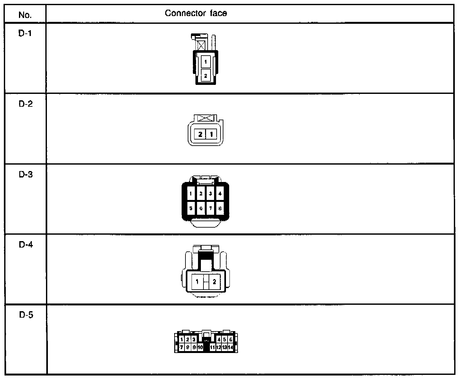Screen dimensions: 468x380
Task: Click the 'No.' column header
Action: pos(25,15)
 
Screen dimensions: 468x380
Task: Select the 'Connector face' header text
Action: pos(196,13)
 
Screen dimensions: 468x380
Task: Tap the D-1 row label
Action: pos(25,33)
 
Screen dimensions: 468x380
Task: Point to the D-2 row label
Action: pos(26,104)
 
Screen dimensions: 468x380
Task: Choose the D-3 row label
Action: pos(26,175)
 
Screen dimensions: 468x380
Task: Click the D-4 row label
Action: pos(26,245)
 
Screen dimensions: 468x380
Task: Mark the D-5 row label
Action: pos(26,315)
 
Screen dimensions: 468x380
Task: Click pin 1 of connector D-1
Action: pos(206,61)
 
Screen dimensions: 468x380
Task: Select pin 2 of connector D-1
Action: pos(206,76)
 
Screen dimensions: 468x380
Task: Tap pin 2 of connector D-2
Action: pos(201,134)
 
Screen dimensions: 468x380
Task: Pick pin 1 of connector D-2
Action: pos(211,134)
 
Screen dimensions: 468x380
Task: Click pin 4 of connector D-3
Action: pos(220,194)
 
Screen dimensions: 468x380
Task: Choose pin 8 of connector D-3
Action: pos(220,208)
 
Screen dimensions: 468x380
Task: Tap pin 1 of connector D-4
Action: pos(197,282)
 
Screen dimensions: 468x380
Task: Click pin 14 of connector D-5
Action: pos(230,347)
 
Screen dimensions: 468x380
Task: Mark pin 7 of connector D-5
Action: pos(182,347)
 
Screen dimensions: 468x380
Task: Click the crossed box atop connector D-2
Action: pos(206,118)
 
